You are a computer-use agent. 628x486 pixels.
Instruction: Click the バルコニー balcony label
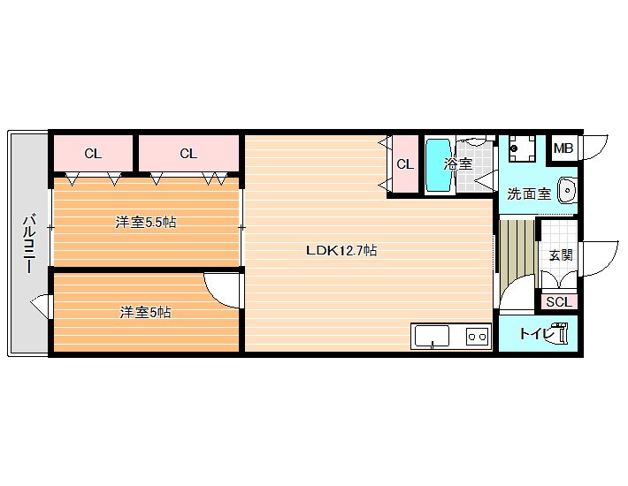click(x=29, y=244)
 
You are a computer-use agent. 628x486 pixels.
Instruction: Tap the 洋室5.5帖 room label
click(x=146, y=222)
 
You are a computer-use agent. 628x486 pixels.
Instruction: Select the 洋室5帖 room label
click(x=146, y=312)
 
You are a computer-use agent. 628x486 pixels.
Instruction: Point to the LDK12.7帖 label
click(x=341, y=250)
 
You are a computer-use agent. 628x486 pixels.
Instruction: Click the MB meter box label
click(x=563, y=148)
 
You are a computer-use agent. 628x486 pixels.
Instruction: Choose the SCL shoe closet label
click(x=559, y=302)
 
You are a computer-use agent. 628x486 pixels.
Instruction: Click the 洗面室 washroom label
click(x=529, y=194)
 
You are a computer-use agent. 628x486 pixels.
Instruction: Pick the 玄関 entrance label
click(x=560, y=254)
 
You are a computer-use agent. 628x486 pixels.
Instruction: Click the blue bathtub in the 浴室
click(x=438, y=165)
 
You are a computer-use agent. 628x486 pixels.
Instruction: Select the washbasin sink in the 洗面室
click(x=567, y=190)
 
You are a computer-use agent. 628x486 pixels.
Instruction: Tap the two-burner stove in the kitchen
click(x=478, y=337)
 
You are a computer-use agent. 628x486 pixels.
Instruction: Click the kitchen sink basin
click(x=432, y=336)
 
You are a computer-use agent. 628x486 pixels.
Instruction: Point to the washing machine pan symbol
click(x=522, y=148)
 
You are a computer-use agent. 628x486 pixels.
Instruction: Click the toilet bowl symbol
click(x=560, y=333)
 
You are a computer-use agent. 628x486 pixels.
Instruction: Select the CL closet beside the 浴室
click(x=405, y=164)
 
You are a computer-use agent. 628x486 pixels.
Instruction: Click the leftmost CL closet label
click(x=93, y=154)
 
